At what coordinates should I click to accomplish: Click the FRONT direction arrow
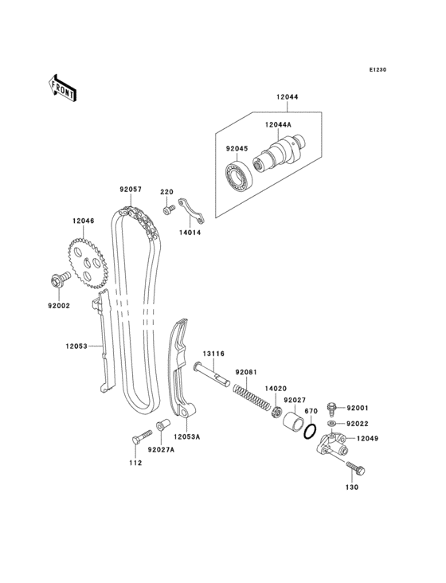(x=63, y=87)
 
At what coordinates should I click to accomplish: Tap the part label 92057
(x=131, y=190)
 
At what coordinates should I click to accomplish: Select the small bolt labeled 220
(x=169, y=210)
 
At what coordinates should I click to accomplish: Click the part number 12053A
(x=187, y=437)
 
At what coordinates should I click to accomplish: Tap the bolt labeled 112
(x=140, y=436)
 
